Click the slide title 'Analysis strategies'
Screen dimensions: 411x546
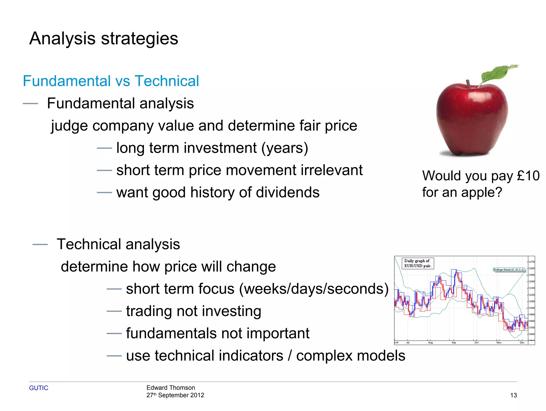pyautogui.click(x=104, y=39)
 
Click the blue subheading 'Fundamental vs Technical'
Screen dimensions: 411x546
pyautogui.click(x=111, y=81)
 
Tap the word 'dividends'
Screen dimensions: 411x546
pyautogui.click(x=288, y=192)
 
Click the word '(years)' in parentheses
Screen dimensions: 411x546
pyautogui.click(x=284, y=148)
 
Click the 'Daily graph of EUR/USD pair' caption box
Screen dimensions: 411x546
pyautogui.click(x=417, y=263)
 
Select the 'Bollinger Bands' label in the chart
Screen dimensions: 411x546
pyautogui.click(x=509, y=270)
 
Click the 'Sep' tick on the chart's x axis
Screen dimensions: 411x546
pyautogui.click(x=454, y=343)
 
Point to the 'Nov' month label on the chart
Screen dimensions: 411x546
pyautogui.click(x=499, y=343)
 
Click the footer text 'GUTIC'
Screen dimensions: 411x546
pyautogui.click(x=39, y=388)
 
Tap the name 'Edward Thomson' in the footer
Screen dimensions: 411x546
pyautogui.click(x=171, y=388)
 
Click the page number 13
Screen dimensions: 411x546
pyautogui.click(x=513, y=396)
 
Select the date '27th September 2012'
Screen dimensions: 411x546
pyautogui.click(x=175, y=395)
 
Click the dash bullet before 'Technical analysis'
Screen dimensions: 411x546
pyautogui.click(x=40, y=244)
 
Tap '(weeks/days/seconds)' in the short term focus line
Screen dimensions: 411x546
pyautogui.click(x=314, y=289)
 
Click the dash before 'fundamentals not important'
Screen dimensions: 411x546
pyautogui.click(x=114, y=334)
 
